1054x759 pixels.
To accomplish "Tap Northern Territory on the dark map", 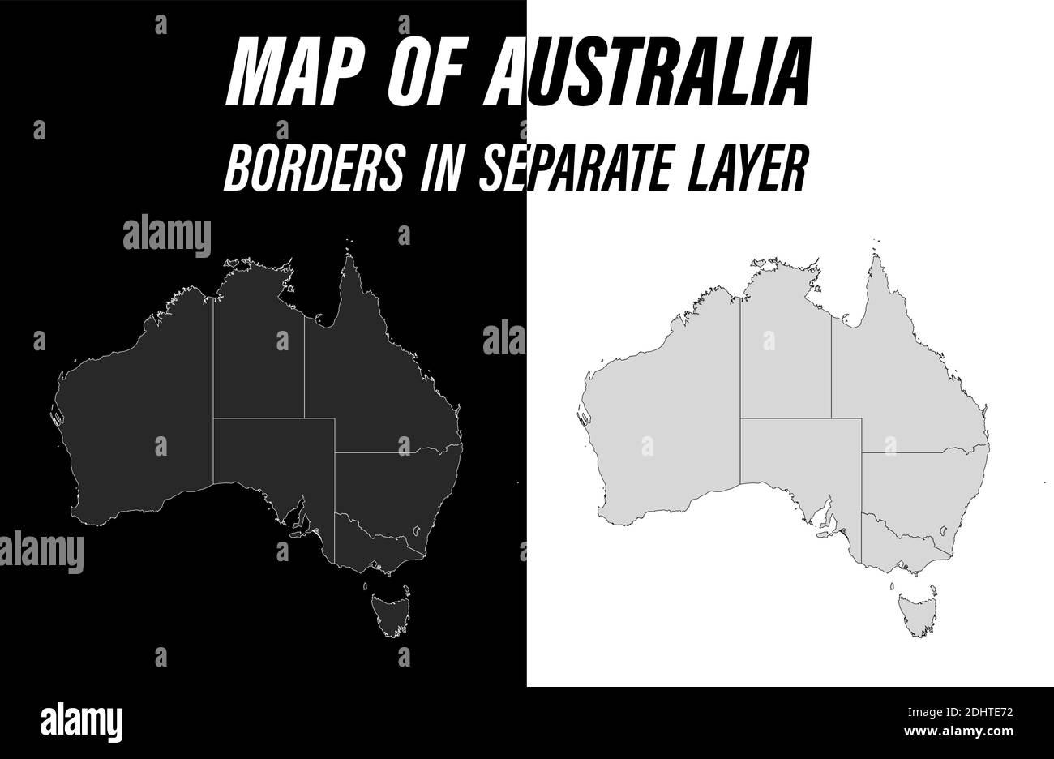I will (x=258, y=357).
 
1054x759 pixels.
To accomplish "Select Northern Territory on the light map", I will (x=784, y=357).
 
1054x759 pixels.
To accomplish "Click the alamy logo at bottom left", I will (x=81, y=719).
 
